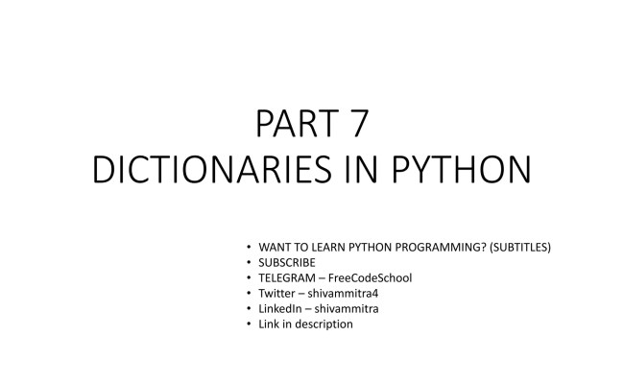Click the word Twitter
click(278, 293)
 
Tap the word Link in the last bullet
click(270, 324)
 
